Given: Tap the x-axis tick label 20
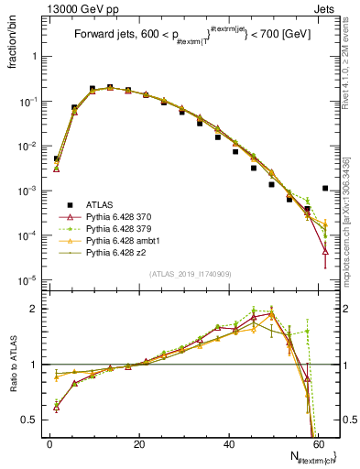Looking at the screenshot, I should (139, 444).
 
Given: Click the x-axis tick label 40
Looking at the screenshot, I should (230, 444).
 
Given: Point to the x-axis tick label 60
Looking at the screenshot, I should (320, 444).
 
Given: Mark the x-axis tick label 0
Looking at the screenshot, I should (49, 444).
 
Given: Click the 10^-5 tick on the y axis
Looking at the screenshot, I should (27, 280).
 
